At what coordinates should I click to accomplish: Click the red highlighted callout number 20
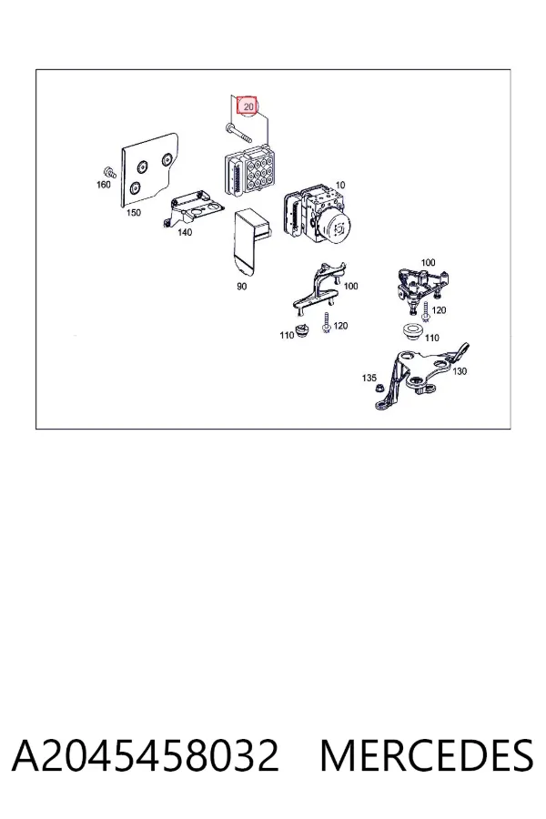point(248,106)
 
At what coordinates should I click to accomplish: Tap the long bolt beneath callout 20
point(238,133)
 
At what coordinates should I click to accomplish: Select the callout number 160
point(104,185)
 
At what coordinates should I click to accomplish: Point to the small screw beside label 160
point(110,171)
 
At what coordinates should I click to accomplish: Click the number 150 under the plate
point(134,213)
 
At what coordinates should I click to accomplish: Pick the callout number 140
point(185,232)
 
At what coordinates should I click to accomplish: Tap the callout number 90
point(241,287)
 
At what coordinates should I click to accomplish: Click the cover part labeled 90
point(252,242)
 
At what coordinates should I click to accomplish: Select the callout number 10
point(340,185)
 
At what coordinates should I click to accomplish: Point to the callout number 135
point(369,378)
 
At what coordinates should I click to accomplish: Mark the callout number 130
point(460,371)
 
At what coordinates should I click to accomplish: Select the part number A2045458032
point(146,754)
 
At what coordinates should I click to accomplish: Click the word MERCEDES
point(427,754)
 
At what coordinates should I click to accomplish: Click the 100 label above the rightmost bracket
point(428,262)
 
